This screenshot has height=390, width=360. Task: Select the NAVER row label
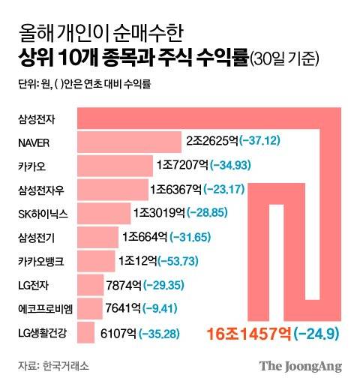[34, 142]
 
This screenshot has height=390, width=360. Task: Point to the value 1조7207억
[183, 163]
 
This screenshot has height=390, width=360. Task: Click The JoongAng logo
[300, 367]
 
